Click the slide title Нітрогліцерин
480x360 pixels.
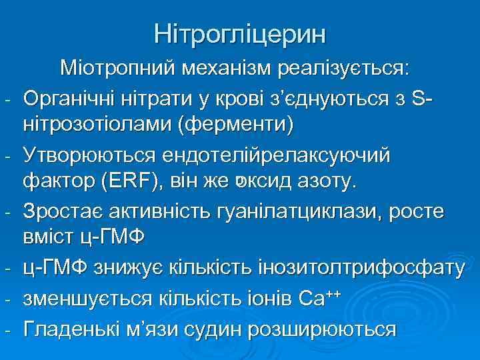pos(240,34)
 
